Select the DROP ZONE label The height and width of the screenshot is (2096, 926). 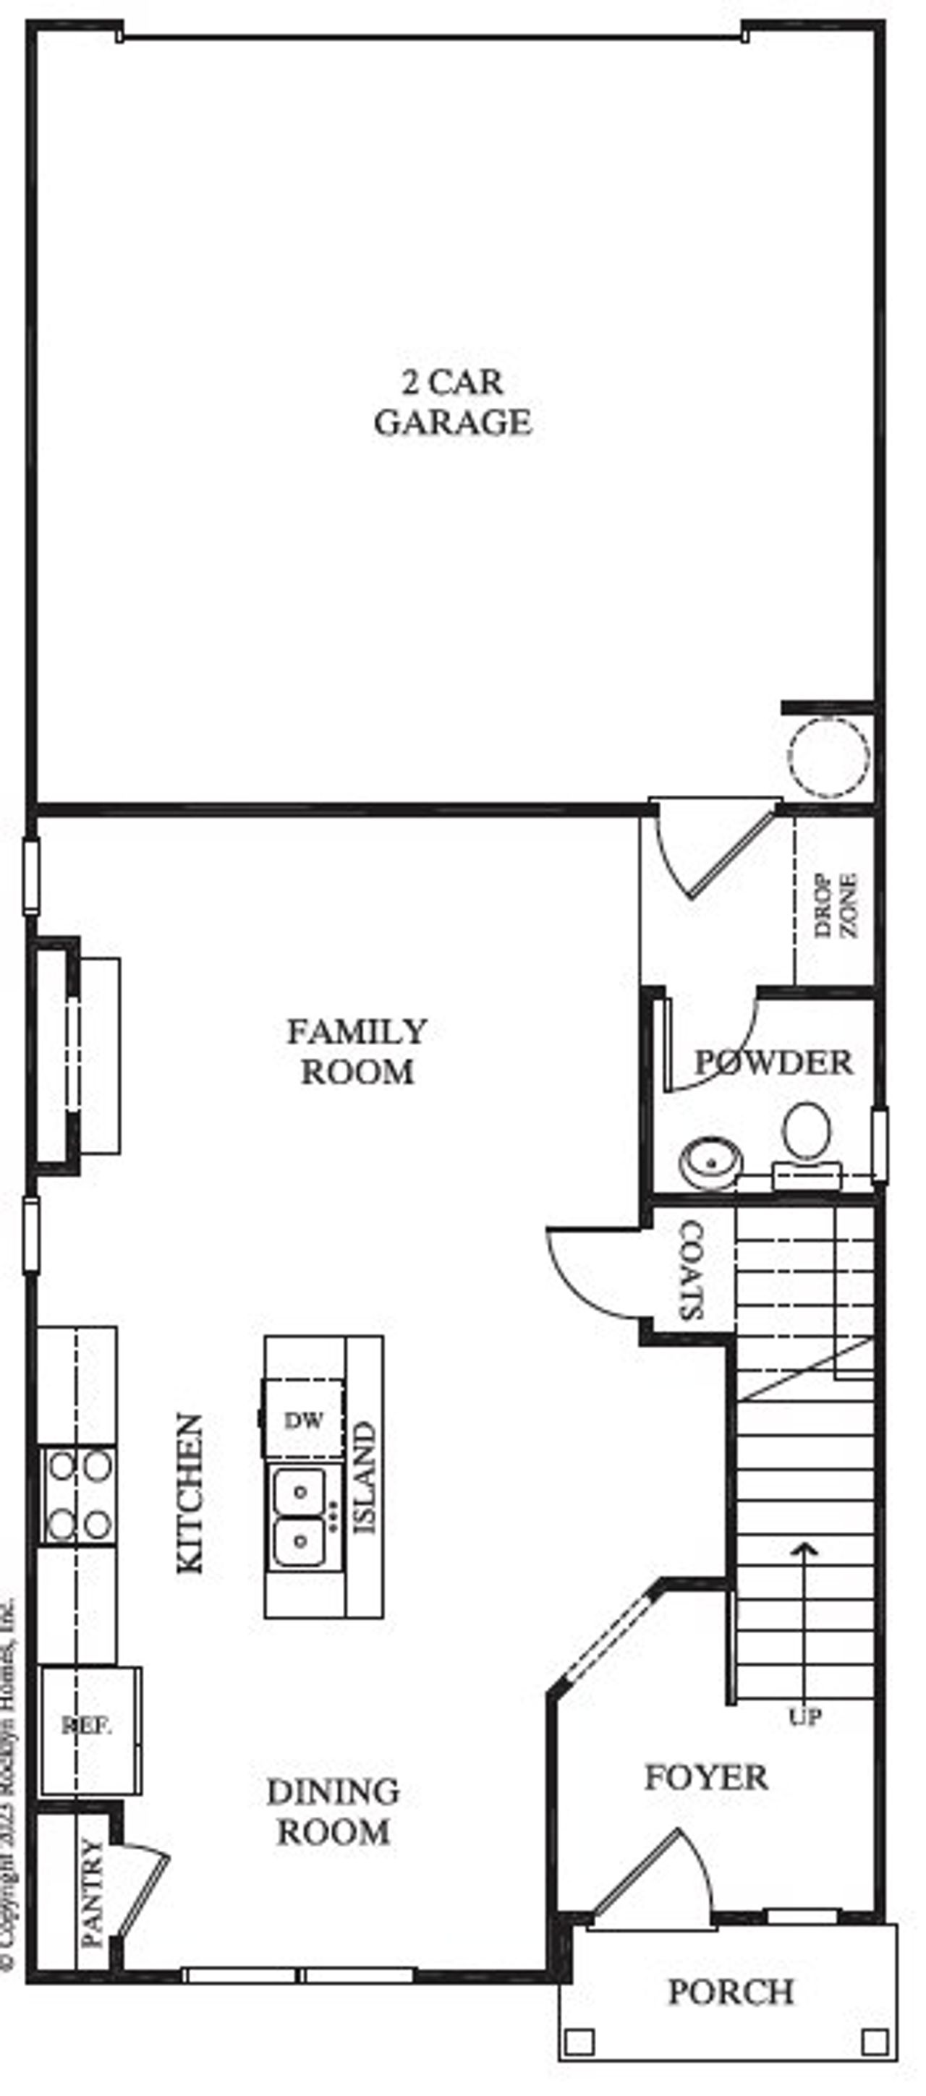coord(836,905)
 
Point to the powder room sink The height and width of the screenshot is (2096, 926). coord(711,1163)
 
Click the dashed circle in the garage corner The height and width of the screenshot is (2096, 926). coord(828,756)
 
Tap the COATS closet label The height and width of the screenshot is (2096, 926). coord(691,1269)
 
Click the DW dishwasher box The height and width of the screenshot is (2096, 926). coord(304,1420)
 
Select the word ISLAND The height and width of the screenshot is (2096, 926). coord(364,1477)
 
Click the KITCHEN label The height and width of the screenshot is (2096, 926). coord(190,1493)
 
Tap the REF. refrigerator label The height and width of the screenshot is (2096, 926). coord(86,1726)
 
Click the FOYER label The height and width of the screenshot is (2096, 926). coord(705,1777)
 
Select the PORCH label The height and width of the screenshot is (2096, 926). coord(730,1991)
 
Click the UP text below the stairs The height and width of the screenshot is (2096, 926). coord(804,1717)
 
